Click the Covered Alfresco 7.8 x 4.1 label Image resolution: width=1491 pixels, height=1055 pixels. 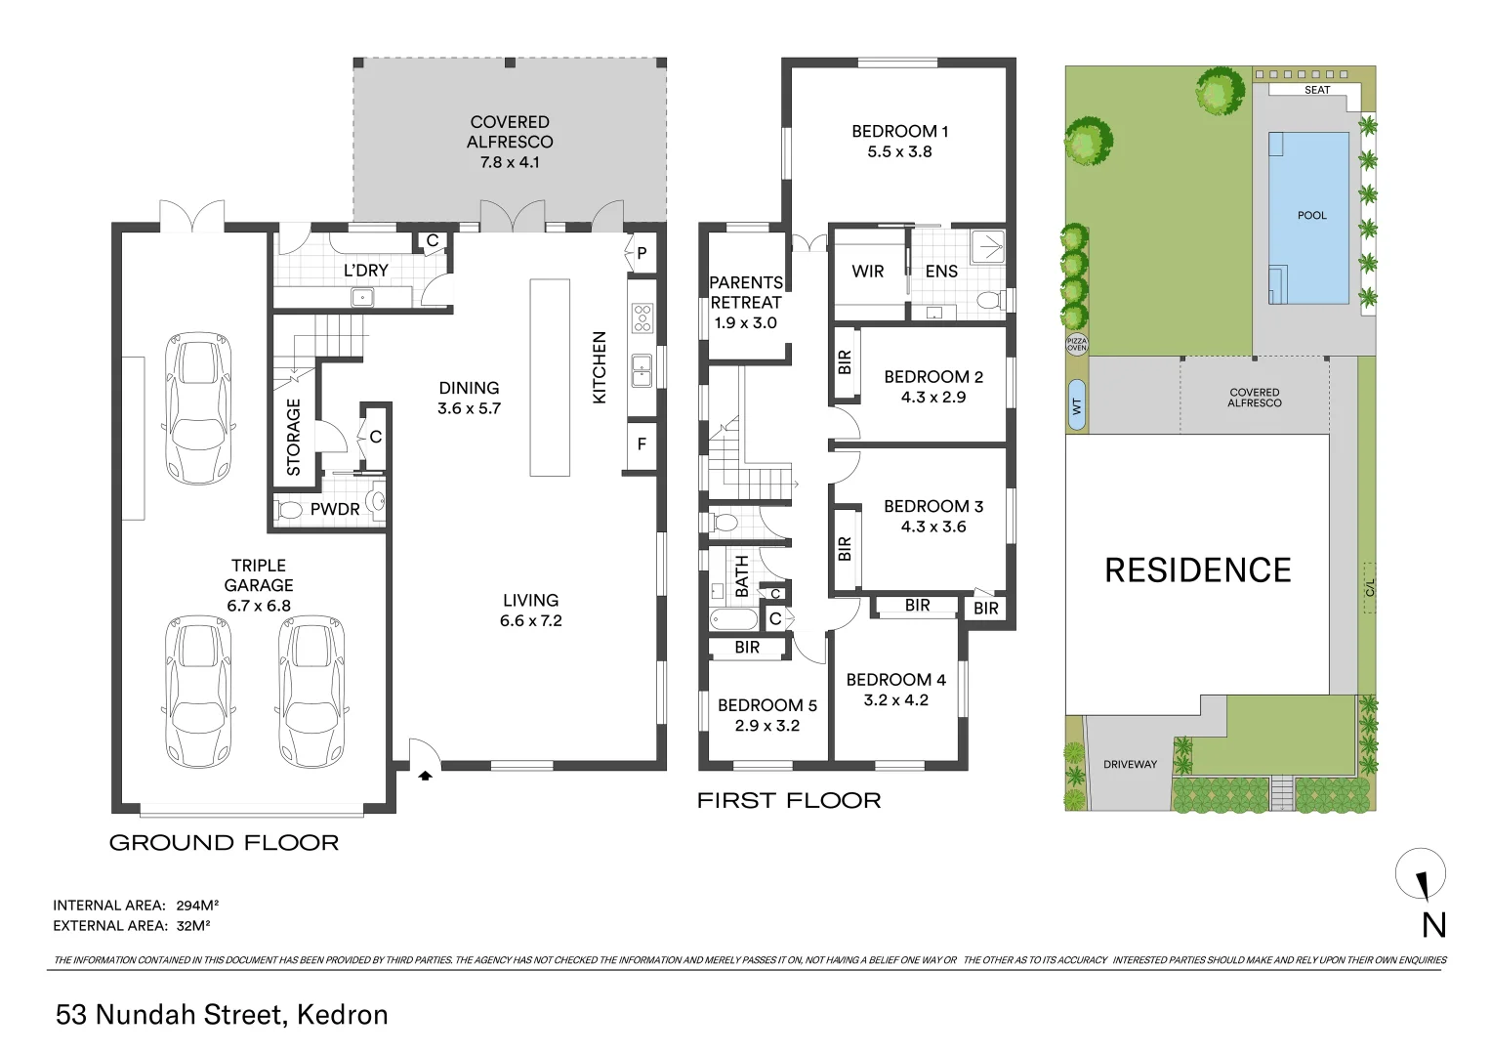pos(510,142)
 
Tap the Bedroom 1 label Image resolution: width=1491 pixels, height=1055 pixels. pos(899,131)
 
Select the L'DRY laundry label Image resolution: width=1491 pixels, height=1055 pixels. pos(366,271)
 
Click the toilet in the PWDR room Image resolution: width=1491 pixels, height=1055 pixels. pos(290,510)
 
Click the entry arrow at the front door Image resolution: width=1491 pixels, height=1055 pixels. pos(425,776)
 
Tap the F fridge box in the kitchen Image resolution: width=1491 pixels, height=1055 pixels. pos(642,444)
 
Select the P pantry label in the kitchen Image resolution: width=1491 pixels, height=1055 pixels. pos(642,254)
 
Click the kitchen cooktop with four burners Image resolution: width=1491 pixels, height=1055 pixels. pos(642,317)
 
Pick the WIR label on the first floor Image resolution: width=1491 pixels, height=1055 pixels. pos(867,272)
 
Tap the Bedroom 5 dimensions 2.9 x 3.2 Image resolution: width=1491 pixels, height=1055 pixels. pos(766,726)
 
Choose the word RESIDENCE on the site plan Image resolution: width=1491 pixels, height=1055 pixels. pos(1197,570)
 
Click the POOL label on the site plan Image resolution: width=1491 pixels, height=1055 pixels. pos(1311,216)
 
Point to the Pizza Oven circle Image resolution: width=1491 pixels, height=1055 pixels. pos(1076,344)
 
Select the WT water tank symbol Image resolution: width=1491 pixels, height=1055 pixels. pos(1077,404)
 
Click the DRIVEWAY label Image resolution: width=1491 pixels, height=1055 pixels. pos(1130,765)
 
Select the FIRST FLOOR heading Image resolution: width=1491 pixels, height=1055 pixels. pos(789,801)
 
